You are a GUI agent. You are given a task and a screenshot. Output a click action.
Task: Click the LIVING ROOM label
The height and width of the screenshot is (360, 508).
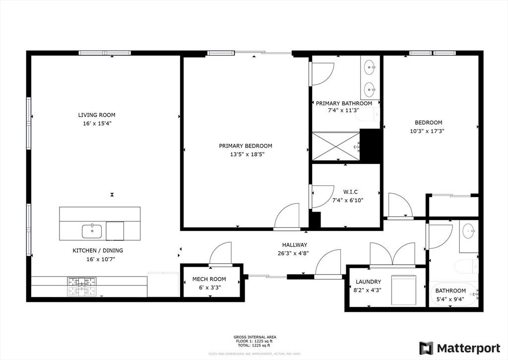click(96, 115)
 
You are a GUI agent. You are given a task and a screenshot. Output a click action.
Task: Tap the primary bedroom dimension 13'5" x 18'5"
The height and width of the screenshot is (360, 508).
click(246, 154)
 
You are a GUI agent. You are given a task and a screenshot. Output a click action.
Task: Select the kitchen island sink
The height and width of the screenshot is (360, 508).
click(92, 231)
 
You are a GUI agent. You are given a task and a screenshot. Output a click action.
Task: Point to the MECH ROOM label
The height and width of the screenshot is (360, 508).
click(209, 279)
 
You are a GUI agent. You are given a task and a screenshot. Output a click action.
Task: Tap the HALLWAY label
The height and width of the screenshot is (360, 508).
click(295, 245)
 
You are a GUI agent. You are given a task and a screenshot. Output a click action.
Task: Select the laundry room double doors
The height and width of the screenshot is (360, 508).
click(392, 255)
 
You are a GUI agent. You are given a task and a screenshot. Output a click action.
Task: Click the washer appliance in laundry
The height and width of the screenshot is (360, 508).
click(404, 290)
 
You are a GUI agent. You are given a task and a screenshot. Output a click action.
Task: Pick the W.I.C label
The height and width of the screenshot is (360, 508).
click(350, 192)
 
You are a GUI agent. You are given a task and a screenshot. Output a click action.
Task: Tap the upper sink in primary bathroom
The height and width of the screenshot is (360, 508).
click(369, 66)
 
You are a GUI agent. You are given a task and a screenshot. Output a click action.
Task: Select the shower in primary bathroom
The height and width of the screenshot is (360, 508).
click(336, 146)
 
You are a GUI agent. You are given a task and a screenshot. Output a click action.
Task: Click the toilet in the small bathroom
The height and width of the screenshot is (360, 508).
click(466, 266)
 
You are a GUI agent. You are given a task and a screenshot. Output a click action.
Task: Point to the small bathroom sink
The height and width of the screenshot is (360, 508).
click(469, 230)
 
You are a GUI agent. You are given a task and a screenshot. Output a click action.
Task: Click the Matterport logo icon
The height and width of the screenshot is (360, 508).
click(426, 348)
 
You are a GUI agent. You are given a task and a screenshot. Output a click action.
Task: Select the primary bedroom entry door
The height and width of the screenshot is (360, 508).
click(288, 216)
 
